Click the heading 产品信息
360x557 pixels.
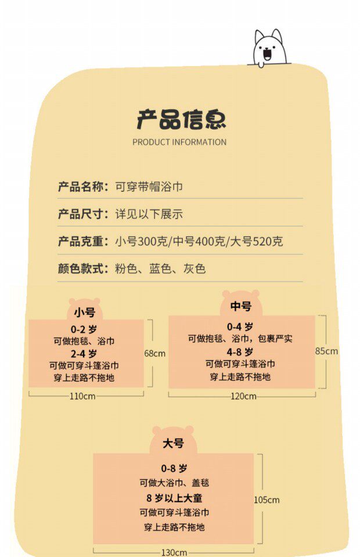(x=181, y=119)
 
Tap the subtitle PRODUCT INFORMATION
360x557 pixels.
(x=179, y=142)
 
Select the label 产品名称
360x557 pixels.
(x=83, y=186)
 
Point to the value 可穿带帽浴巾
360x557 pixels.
(x=149, y=186)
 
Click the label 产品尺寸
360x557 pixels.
(x=83, y=214)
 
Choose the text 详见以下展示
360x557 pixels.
(x=149, y=214)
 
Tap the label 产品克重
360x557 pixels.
(x=83, y=242)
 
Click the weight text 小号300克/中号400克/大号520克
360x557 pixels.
(x=199, y=242)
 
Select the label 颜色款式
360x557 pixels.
(x=83, y=269)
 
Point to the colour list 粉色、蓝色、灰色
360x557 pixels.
(x=160, y=269)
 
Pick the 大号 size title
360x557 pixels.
(x=173, y=443)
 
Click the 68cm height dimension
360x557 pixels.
(x=155, y=353)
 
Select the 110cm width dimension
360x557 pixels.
(x=82, y=396)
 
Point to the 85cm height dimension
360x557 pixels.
(x=326, y=351)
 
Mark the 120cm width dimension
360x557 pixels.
(x=243, y=396)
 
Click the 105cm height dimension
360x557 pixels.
(x=267, y=499)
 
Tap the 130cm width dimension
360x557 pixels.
(x=174, y=552)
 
